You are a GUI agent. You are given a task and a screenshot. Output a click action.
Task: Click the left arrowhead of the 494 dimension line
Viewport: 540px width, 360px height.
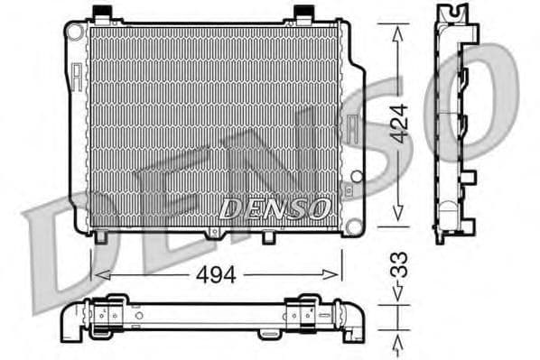98,275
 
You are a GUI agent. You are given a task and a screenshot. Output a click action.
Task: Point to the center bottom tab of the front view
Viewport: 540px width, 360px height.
214,235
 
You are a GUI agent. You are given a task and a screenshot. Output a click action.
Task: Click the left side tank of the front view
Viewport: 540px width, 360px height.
79,126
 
